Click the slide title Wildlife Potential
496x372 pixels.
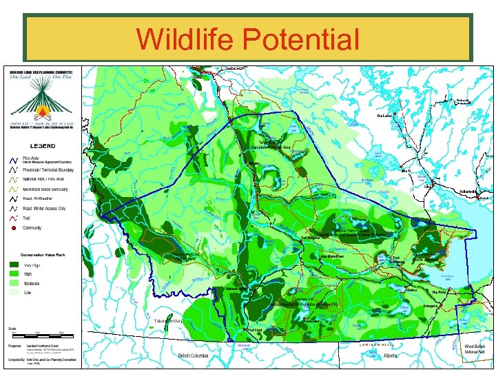[247, 39]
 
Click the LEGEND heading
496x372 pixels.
[42, 146]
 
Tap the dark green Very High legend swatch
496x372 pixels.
[14, 264]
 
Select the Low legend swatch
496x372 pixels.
[14, 293]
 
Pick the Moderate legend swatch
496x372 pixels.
[14, 283]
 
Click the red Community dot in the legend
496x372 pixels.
[13, 228]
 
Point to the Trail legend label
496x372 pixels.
[27, 218]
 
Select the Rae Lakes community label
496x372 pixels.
[384, 116]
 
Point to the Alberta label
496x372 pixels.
[391, 356]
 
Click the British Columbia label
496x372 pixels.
[193, 356]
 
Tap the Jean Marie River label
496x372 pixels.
[333, 256]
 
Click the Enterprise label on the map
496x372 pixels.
[432, 305]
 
